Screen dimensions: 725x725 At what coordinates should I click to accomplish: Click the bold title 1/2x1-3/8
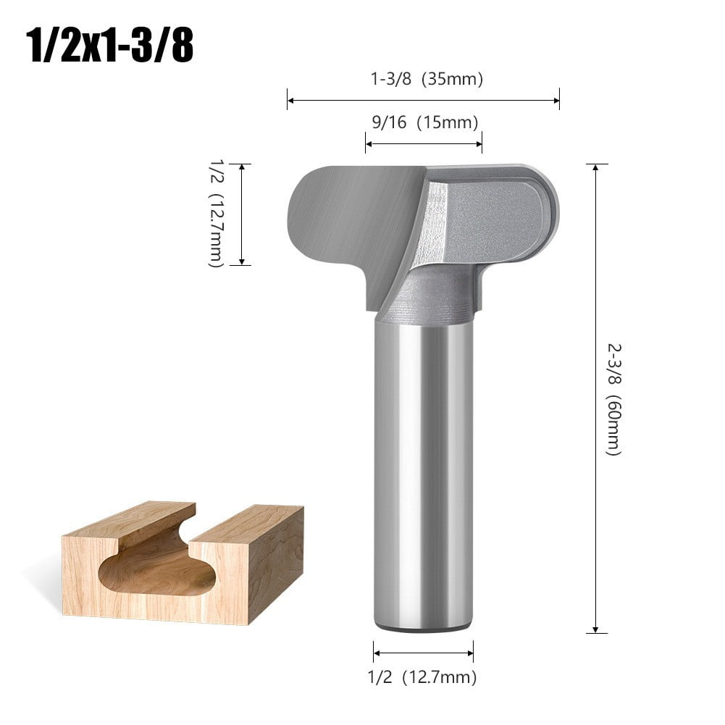(x=109, y=46)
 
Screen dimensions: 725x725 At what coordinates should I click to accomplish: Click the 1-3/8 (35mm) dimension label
(x=427, y=79)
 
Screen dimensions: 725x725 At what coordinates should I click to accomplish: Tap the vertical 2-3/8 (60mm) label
(x=613, y=398)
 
